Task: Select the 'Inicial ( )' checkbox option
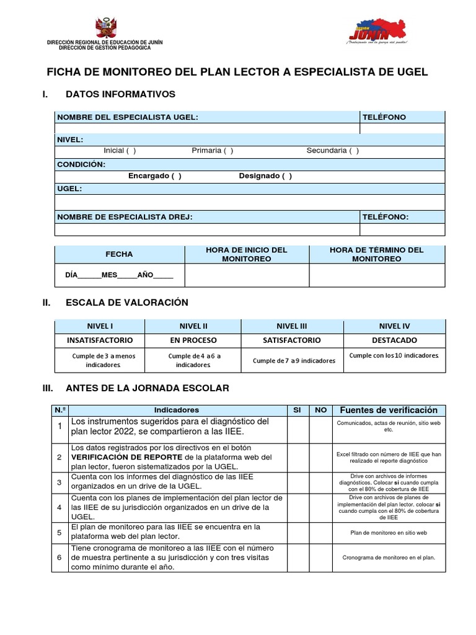pos(120,151)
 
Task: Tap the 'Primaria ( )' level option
pos(213,151)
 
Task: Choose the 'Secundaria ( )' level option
pos(332,151)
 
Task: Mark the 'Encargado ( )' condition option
pos(155,176)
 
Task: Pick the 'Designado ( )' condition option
pos(265,176)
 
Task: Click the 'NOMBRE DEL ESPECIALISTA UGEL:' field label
pos(128,117)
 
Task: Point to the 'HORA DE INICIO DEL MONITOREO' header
pos(247,254)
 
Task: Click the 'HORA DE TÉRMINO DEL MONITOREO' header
pos(377,254)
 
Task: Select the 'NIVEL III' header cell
pos(292,326)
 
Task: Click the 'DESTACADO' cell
pos(394,340)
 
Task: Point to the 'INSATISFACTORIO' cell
pos(100,340)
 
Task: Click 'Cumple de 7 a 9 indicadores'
pos(294,361)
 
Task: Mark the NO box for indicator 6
pos(320,557)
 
